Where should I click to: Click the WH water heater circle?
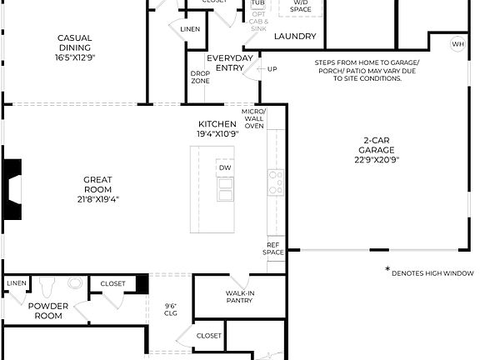coord(458,43)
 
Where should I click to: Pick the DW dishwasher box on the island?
coord(225,168)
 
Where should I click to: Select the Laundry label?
coord(295,36)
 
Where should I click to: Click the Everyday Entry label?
coord(230,62)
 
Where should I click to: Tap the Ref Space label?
coord(273,248)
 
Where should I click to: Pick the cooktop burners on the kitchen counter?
coord(275,182)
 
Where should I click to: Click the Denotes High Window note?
coord(429,272)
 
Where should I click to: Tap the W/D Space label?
coord(300,7)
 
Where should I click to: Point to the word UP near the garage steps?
coord(272,69)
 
